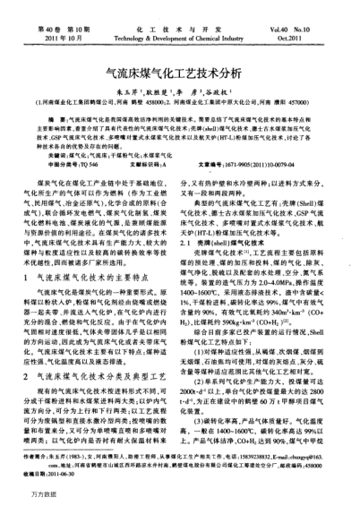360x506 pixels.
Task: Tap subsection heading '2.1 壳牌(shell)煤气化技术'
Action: point(222,241)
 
